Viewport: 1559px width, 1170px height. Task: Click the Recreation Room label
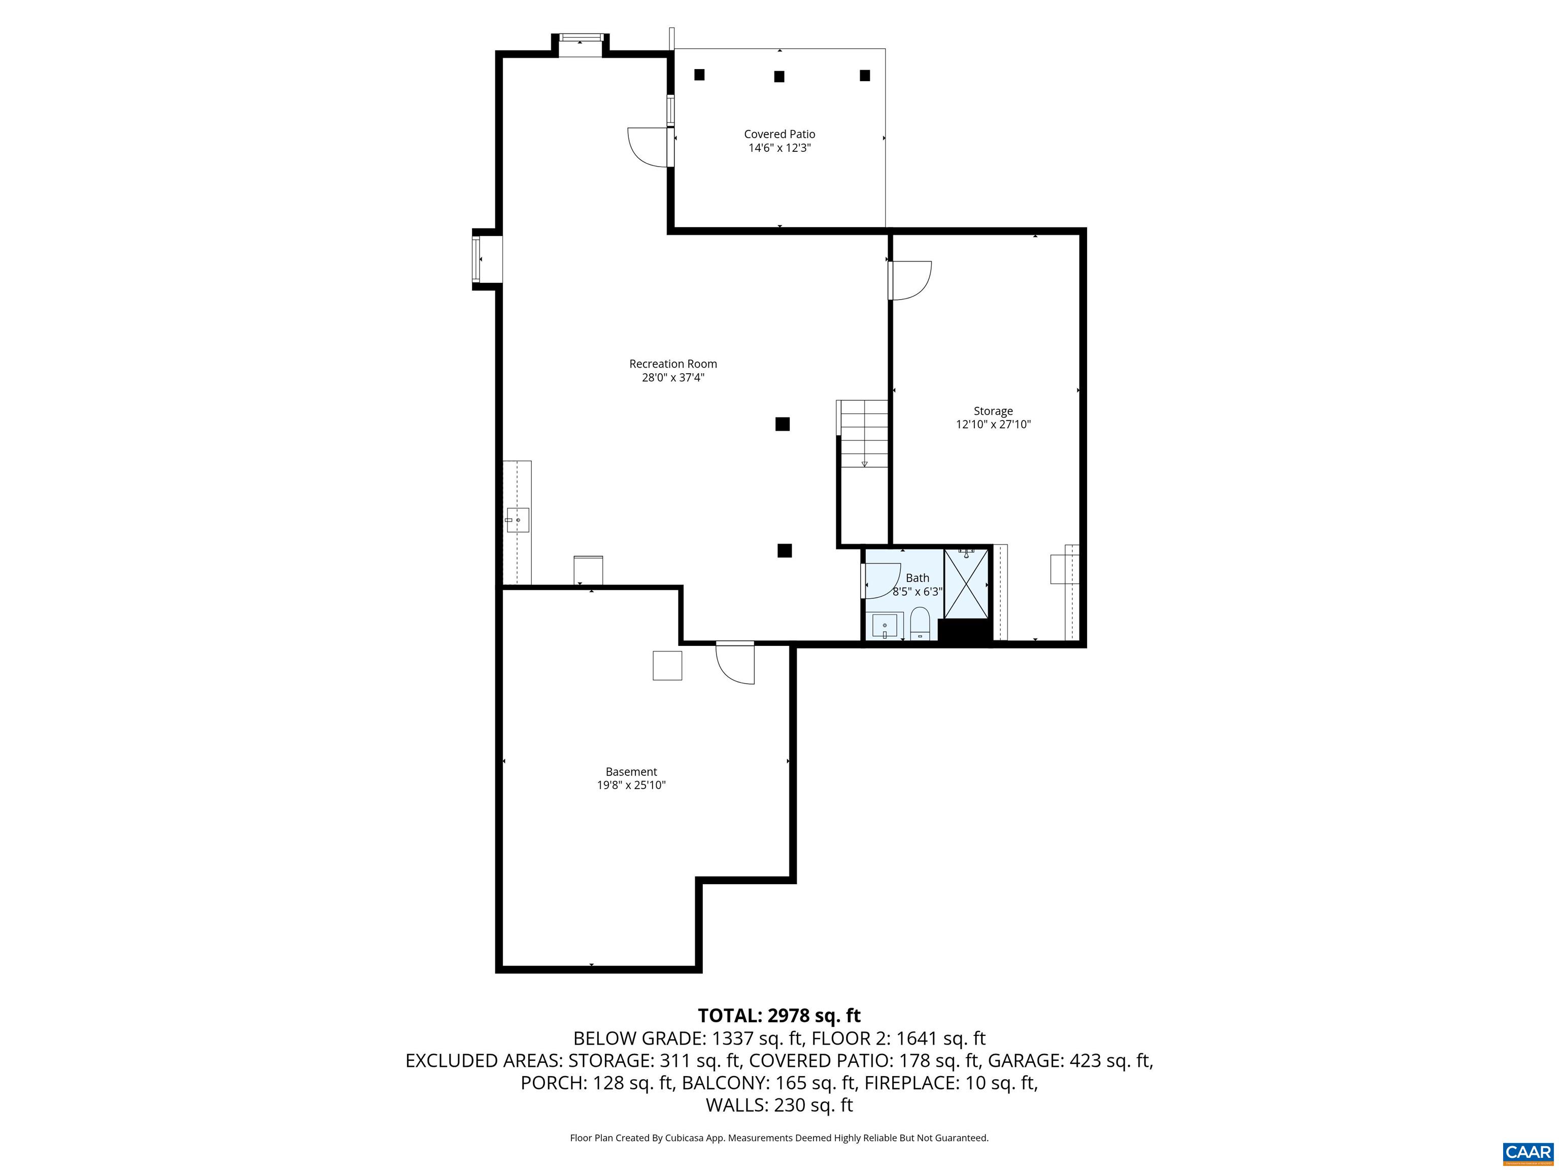[672, 364]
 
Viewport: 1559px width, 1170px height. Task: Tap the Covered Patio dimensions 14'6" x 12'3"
[779, 148]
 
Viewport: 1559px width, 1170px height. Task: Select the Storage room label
[993, 411]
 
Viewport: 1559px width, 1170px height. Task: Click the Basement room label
[631, 771]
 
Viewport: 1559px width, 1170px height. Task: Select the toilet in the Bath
[920, 624]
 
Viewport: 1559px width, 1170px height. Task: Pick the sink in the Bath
[885, 626]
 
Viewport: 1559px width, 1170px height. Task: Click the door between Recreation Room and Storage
[909, 280]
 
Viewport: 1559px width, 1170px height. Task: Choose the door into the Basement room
[736, 662]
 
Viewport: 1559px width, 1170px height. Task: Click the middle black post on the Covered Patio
[779, 76]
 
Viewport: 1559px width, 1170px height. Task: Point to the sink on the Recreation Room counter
[517, 520]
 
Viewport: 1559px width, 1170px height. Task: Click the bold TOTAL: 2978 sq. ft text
[779, 1016]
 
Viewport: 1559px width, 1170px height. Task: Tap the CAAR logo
[1528, 1152]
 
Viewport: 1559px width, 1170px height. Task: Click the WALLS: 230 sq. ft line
[779, 1105]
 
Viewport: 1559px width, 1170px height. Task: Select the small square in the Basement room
[667, 666]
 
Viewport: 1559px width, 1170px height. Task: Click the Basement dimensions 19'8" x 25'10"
[631, 785]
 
